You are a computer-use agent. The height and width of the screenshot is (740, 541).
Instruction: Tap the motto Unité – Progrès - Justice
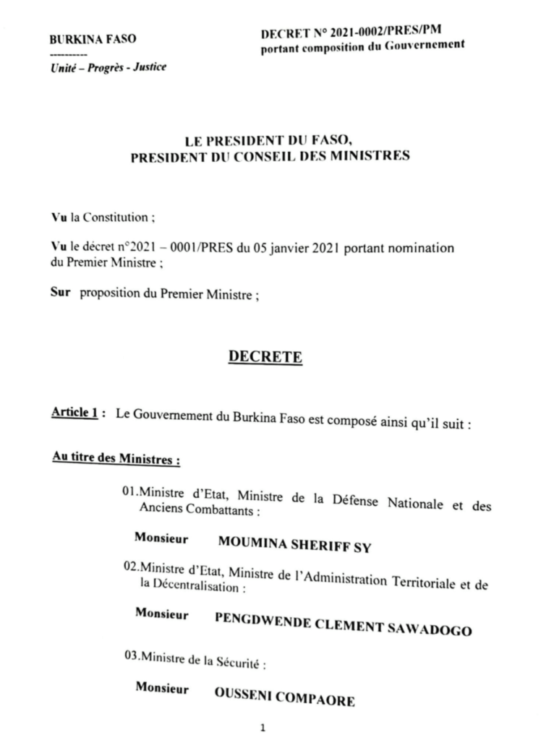click(x=107, y=67)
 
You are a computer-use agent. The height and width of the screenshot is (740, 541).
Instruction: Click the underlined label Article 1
click(x=74, y=413)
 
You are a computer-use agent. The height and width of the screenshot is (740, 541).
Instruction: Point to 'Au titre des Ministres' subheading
click(x=106, y=457)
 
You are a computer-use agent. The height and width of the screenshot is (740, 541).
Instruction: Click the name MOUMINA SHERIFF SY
click(x=294, y=545)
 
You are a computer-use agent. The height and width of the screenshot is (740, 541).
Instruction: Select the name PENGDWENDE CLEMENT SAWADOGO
click(x=343, y=623)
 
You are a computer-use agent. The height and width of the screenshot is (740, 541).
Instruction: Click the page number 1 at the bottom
click(x=264, y=728)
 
